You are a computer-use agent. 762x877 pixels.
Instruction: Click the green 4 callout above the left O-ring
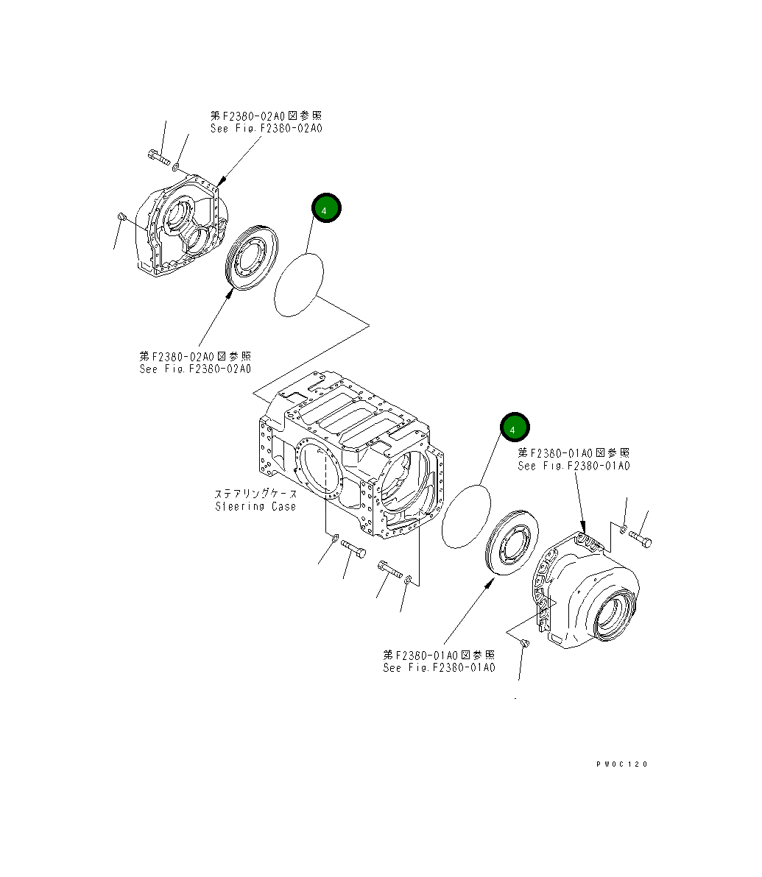click(326, 208)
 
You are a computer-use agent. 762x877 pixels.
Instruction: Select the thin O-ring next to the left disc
click(299, 285)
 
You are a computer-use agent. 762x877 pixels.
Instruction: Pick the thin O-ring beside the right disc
click(466, 516)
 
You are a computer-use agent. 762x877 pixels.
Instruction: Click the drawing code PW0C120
click(622, 764)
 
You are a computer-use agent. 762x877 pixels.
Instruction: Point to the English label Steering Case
click(255, 506)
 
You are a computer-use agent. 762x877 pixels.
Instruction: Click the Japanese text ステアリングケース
click(255, 494)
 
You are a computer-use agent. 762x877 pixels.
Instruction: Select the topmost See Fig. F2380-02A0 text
click(266, 128)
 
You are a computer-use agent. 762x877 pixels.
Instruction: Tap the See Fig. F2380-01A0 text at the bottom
click(439, 667)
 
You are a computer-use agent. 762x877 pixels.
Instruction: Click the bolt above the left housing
click(158, 157)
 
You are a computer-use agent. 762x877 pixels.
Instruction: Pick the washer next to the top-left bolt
click(177, 168)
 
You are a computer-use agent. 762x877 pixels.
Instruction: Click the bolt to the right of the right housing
click(641, 540)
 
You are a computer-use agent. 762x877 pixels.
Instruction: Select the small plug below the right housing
click(524, 644)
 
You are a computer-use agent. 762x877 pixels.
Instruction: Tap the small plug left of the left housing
click(122, 216)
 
